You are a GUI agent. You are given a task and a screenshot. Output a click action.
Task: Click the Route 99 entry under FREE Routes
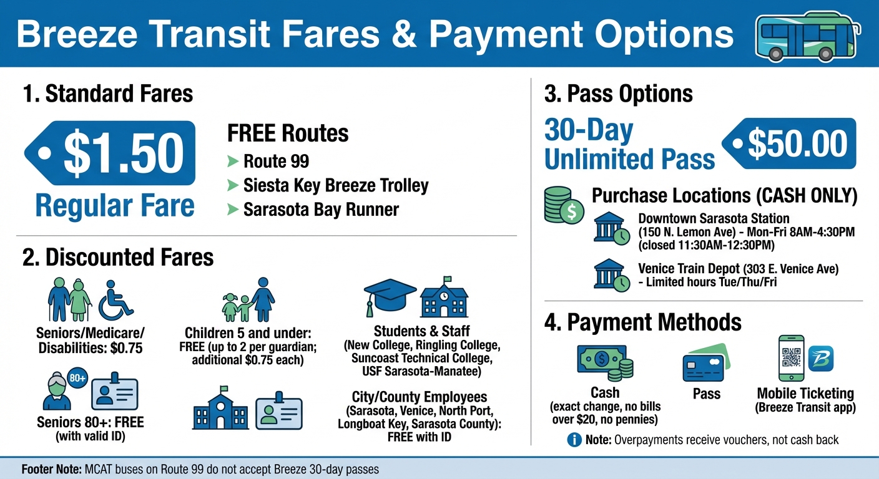coord(276,162)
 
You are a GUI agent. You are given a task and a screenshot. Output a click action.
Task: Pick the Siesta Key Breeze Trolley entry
coord(336,185)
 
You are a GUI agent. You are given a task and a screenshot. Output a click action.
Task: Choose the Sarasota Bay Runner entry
coord(321,209)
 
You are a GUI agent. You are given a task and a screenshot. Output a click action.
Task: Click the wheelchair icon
coord(116,298)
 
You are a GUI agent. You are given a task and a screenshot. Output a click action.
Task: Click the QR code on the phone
coord(790,358)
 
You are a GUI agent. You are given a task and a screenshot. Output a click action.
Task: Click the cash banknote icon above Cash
coord(605,363)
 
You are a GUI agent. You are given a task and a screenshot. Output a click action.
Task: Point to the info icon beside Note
coord(574,440)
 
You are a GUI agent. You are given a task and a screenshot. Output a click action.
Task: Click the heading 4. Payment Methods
coord(643,322)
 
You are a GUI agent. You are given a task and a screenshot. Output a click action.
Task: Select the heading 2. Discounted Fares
coord(118,257)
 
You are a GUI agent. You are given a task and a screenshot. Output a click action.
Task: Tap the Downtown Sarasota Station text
coord(714,219)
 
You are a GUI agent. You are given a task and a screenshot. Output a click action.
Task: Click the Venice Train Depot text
coord(689,269)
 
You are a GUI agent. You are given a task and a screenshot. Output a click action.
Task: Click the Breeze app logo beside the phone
coord(821,358)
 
